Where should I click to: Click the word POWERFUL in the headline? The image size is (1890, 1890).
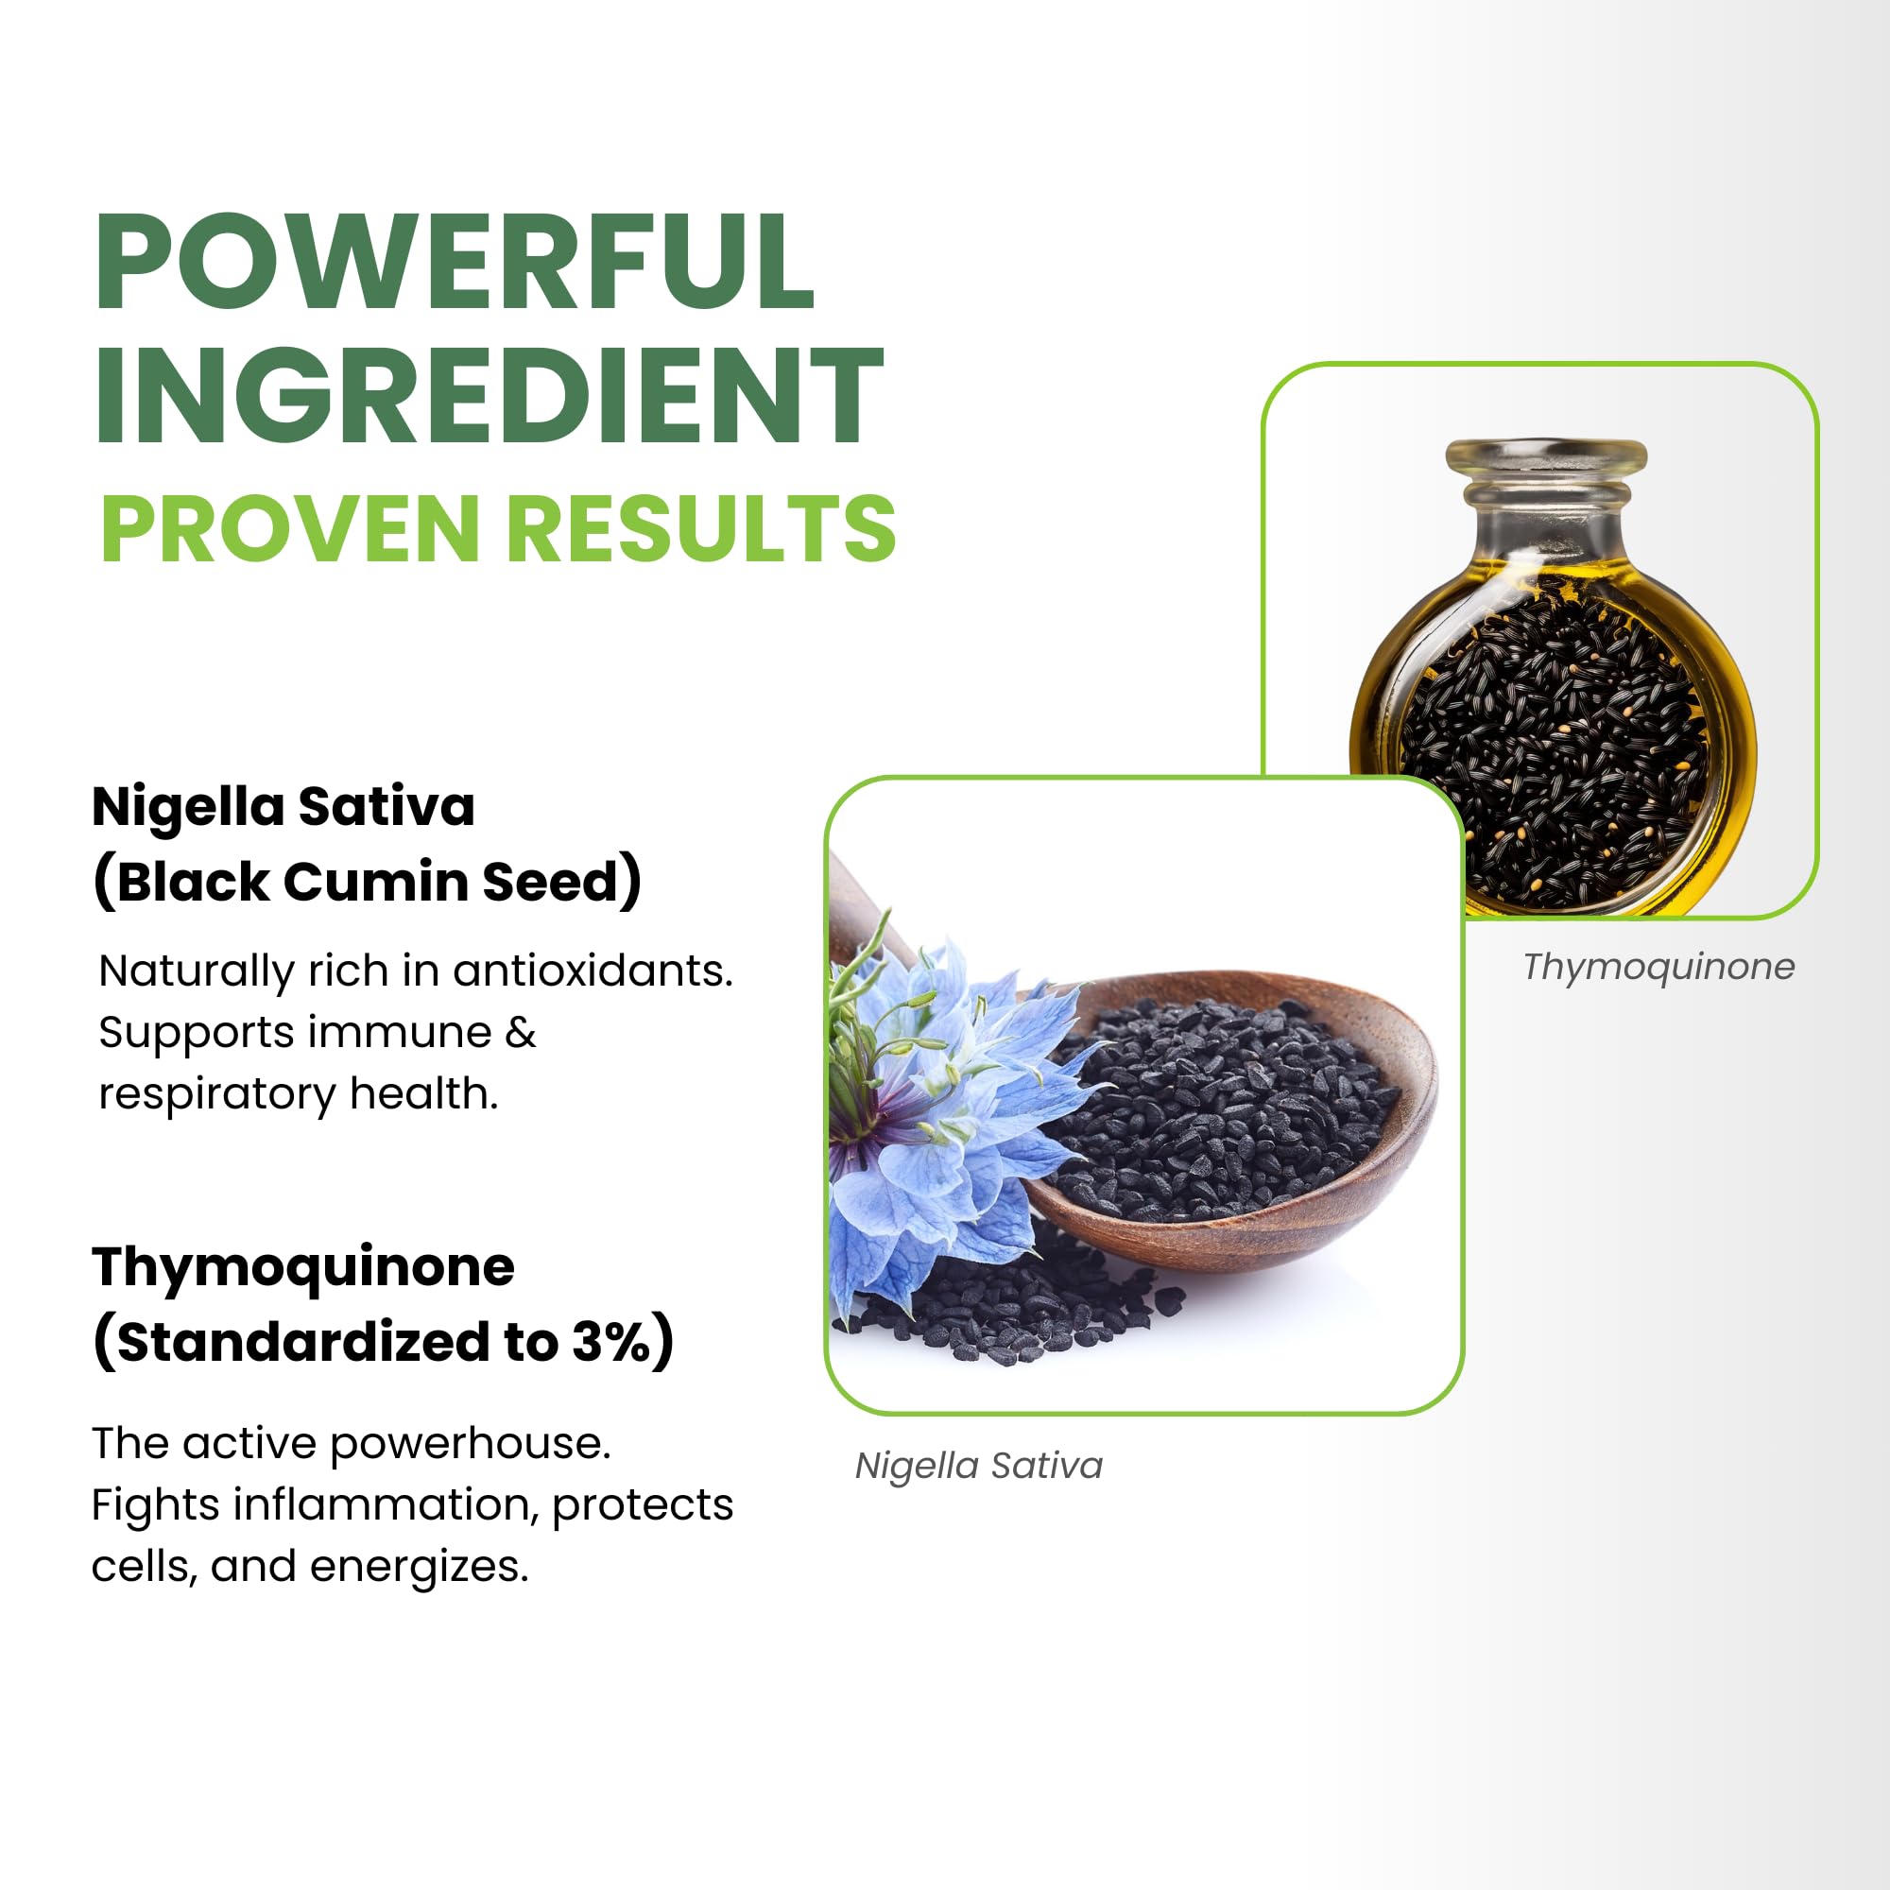click(x=455, y=262)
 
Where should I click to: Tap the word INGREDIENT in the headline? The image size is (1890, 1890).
click(x=490, y=395)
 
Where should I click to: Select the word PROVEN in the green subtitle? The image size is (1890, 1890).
click(x=289, y=528)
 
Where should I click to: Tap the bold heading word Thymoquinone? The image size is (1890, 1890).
click(x=303, y=1269)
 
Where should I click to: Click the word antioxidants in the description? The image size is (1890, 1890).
click(x=593, y=971)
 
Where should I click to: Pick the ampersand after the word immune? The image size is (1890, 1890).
click(x=521, y=1033)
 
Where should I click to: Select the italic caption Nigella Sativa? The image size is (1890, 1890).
click(x=979, y=1466)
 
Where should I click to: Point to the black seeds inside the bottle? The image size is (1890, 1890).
click(x=1555, y=744)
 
